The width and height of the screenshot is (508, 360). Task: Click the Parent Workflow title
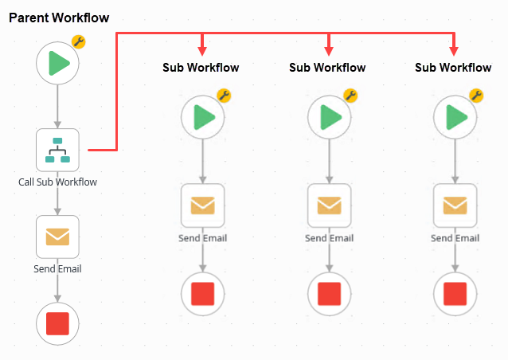click(59, 18)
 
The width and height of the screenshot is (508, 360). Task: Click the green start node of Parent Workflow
click(57, 63)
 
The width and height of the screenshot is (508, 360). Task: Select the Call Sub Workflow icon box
click(57, 150)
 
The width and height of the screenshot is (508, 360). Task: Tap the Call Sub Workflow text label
click(57, 182)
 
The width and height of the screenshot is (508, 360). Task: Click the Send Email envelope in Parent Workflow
click(57, 237)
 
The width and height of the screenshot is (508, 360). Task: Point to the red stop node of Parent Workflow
click(57, 323)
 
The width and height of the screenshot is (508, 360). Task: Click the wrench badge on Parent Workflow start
click(78, 42)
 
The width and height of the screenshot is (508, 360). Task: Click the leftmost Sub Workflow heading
click(201, 68)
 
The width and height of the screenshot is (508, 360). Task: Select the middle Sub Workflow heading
click(327, 68)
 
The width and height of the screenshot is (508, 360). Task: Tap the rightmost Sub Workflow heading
click(453, 68)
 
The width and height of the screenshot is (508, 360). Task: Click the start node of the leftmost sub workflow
click(202, 118)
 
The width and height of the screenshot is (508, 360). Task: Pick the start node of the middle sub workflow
click(329, 118)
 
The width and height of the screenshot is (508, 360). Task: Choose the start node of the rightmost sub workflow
click(455, 118)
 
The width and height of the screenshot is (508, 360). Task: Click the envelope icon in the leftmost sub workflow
click(202, 205)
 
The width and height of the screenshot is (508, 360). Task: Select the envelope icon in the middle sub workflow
click(329, 205)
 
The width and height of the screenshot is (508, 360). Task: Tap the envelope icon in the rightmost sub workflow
click(455, 205)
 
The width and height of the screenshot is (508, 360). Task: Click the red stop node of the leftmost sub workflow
click(202, 292)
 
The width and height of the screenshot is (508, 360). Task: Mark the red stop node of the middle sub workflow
click(329, 292)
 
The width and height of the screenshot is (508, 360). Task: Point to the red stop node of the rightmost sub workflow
click(455, 292)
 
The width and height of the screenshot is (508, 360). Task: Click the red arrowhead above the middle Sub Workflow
click(329, 50)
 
